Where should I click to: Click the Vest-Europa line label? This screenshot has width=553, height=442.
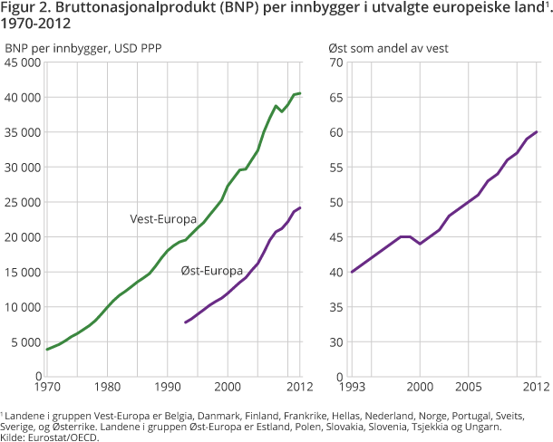[x=159, y=218]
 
